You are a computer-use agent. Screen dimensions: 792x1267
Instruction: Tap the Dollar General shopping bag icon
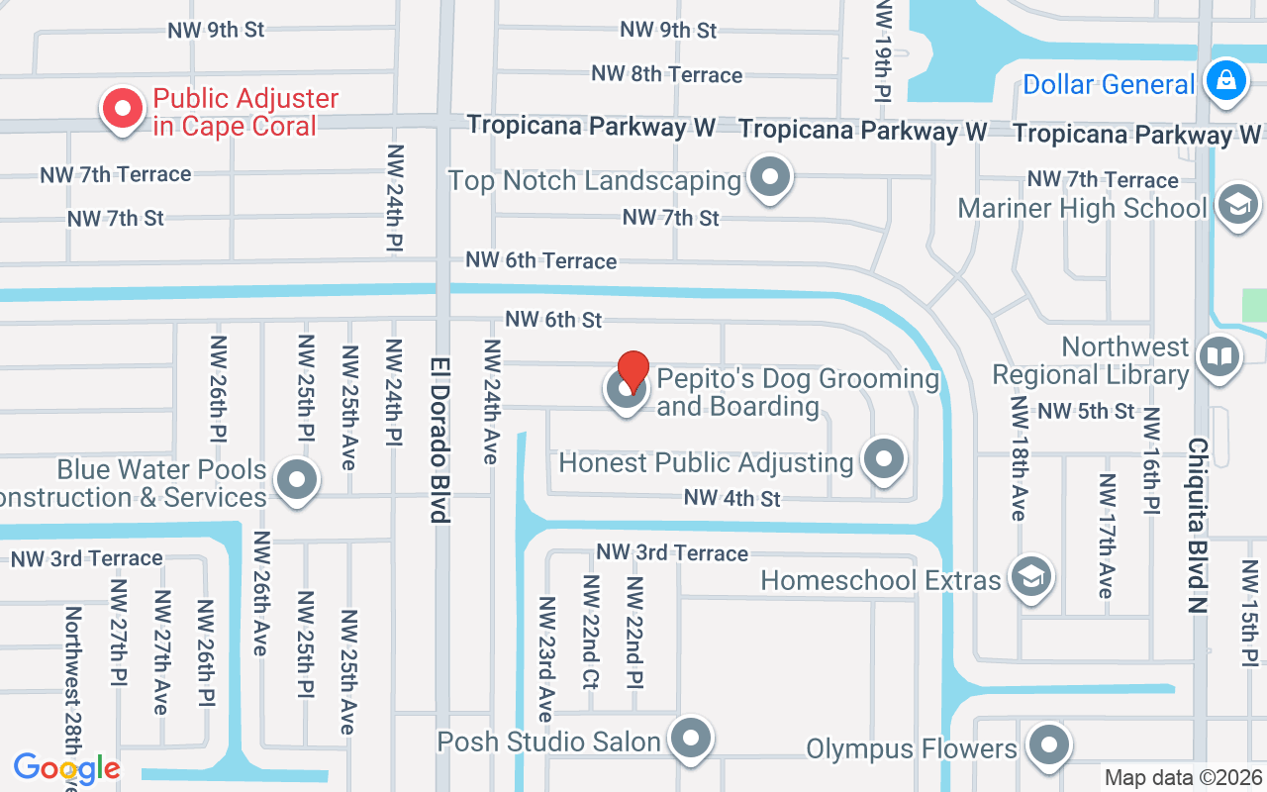(1225, 79)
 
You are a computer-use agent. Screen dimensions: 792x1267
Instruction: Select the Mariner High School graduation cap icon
(1237, 205)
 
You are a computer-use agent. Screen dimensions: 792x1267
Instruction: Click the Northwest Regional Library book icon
(1218, 356)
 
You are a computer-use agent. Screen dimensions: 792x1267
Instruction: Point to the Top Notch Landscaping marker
(769, 178)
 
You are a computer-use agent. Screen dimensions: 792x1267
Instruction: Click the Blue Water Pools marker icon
(296, 480)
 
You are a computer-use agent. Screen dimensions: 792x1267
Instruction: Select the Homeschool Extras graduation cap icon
(1030, 576)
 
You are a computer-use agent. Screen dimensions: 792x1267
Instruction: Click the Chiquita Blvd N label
(1197, 526)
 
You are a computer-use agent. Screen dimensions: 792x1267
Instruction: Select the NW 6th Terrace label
(541, 260)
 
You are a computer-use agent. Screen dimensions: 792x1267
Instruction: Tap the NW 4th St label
(731, 498)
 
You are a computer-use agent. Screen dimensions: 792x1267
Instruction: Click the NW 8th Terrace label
(666, 74)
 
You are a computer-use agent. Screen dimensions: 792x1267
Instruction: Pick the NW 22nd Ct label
(590, 632)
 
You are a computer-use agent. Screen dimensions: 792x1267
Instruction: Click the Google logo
(66, 768)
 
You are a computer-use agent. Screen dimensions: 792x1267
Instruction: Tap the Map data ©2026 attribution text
(1183, 778)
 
